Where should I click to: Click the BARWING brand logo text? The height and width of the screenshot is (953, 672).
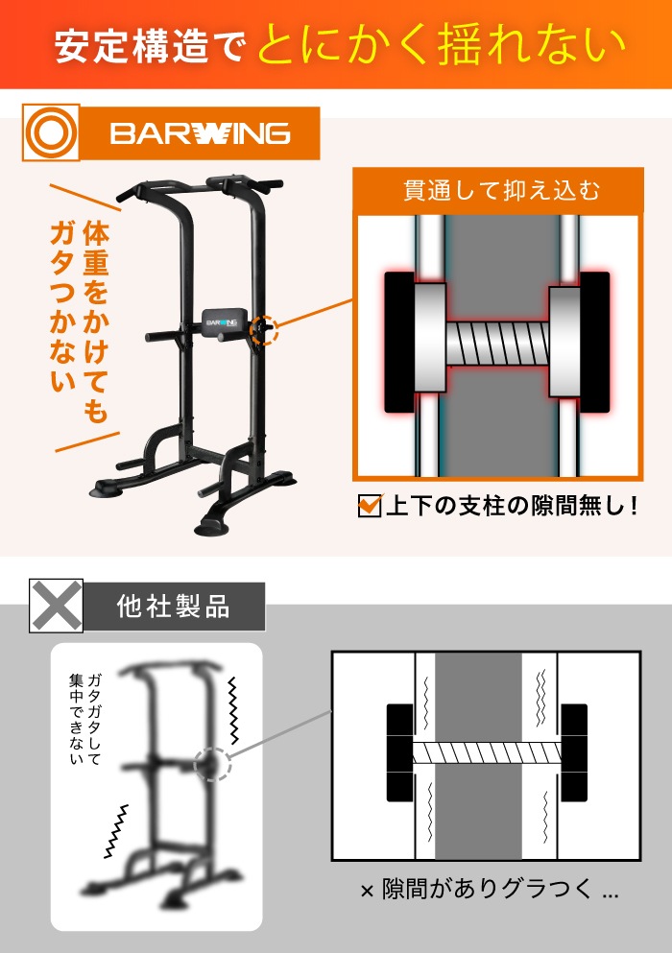click(x=200, y=132)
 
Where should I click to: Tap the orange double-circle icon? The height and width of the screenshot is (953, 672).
click(x=50, y=132)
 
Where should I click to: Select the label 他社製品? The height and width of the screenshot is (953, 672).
click(x=173, y=607)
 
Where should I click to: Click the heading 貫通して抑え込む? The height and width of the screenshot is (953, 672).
click(x=497, y=190)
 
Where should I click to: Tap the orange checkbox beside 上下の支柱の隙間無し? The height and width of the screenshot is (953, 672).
click(x=370, y=505)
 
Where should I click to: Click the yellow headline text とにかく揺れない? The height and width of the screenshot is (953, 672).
click(x=441, y=44)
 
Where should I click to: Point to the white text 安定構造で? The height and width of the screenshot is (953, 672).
click(x=149, y=46)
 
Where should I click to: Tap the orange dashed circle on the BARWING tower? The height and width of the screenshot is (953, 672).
click(x=262, y=328)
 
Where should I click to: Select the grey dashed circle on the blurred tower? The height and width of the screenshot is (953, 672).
click(x=211, y=765)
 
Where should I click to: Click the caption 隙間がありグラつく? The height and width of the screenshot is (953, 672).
click(x=489, y=891)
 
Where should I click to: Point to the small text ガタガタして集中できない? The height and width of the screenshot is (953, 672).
click(x=84, y=719)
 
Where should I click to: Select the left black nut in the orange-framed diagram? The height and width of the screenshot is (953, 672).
click(x=401, y=342)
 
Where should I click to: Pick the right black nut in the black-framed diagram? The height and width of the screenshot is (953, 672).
click(x=574, y=753)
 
